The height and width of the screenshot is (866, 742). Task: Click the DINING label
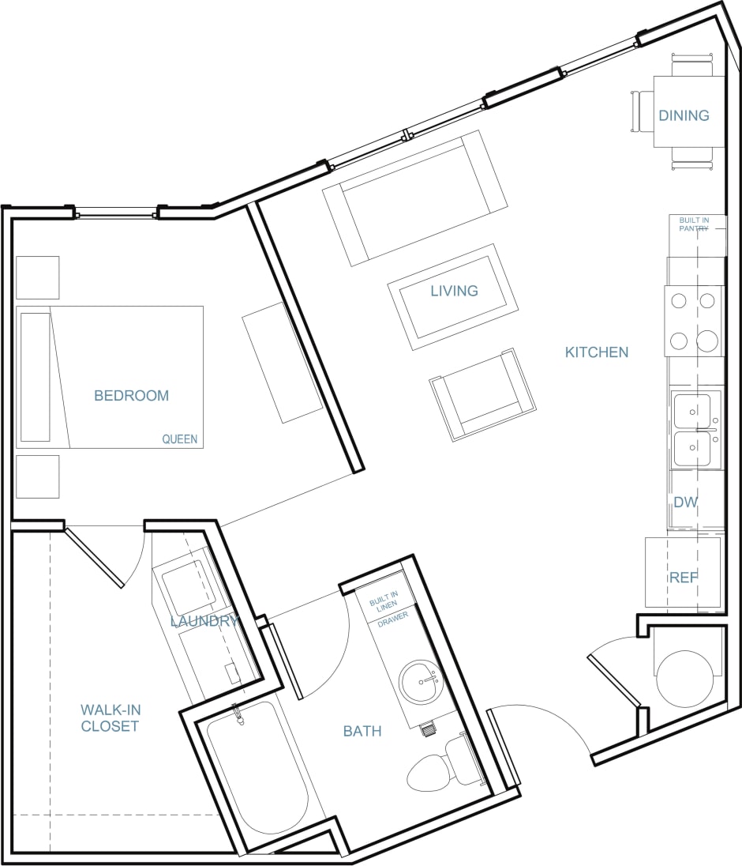684,115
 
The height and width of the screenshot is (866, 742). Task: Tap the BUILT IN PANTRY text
694,224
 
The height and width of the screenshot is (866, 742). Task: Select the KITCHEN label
597,352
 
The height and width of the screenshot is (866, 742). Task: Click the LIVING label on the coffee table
454,291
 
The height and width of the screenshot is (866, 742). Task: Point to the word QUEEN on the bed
180,439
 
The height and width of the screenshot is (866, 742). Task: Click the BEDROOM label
131,396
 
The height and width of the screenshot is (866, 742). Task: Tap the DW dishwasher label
685,503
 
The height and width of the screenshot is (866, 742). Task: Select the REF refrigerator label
684,578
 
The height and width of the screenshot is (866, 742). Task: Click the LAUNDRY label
204,622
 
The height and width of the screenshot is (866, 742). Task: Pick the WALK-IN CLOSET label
110,717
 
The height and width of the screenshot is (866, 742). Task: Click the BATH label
362,732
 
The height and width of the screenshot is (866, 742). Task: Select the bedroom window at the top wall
115,212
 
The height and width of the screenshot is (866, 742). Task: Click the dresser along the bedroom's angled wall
282,362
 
